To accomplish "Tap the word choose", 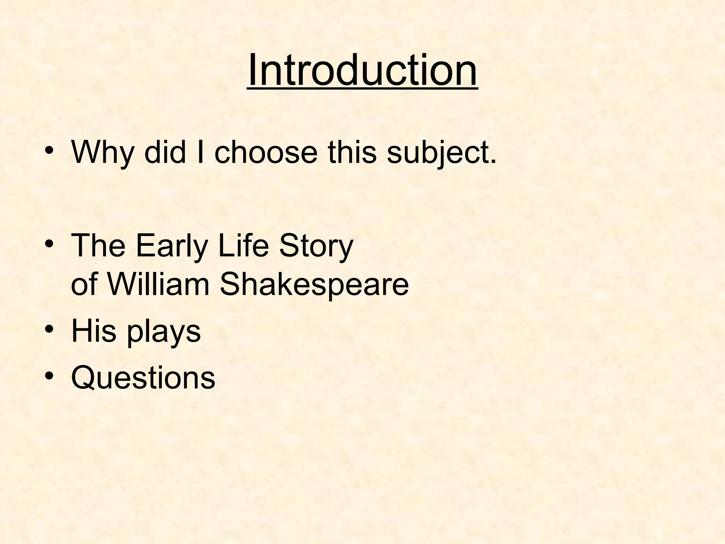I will click(266, 152).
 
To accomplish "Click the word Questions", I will click(143, 378).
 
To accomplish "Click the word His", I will click(94, 331).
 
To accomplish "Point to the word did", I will click(165, 152).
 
